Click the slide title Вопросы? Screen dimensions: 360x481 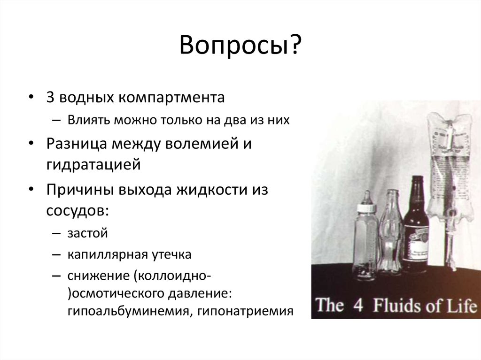(x=240, y=47)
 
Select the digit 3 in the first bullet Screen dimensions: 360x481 (x=50, y=98)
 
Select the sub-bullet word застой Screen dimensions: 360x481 (x=87, y=233)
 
